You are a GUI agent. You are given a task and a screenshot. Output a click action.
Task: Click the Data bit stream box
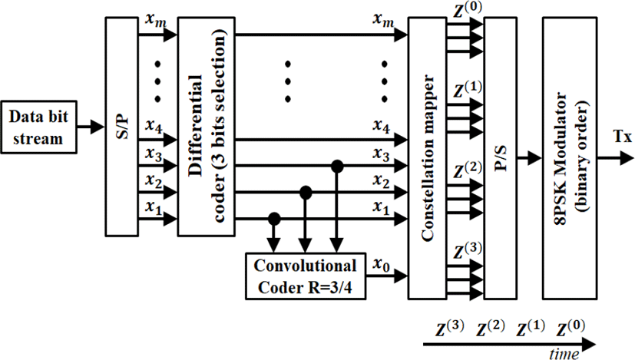click(x=38, y=127)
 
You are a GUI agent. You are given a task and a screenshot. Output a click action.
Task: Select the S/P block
click(x=121, y=127)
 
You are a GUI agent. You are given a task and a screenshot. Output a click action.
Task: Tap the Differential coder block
click(x=206, y=127)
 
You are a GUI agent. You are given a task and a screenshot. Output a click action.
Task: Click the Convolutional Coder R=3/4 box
click(x=306, y=276)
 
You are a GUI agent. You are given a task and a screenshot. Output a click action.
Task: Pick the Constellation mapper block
click(x=427, y=158)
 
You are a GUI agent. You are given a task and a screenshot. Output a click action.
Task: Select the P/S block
click(x=500, y=158)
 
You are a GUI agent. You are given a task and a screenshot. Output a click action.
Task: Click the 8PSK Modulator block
click(x=570, y=158)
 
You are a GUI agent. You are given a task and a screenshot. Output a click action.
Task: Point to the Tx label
click(x=623, y=137)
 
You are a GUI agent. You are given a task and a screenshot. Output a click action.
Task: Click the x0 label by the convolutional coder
click(x=381, y=266)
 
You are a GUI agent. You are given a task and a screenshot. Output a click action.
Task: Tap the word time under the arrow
click(x=564, y=355)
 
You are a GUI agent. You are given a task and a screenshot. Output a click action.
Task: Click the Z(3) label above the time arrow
click(x=450, y=329)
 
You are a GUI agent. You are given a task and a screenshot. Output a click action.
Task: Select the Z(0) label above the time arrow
click(x=571, y=329)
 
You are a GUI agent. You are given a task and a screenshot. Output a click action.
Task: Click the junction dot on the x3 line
click(x=337, y=166)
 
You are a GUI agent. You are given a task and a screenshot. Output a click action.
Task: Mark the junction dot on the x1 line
click(x=274, y=219)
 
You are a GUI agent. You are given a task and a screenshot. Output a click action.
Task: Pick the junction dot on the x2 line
click(x=306, y=193)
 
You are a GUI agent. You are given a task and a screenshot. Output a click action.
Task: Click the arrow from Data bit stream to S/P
click(x=91, y=127)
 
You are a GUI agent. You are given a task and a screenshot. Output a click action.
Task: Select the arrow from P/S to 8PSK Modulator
click(x=530, y=158)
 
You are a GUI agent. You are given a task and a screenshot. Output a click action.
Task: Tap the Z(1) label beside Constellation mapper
click(x=468, y=90)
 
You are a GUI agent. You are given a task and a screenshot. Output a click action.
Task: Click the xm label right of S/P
click(x=156, y=20)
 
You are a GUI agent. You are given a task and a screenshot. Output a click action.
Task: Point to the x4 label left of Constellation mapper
click(x=381, y=127)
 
